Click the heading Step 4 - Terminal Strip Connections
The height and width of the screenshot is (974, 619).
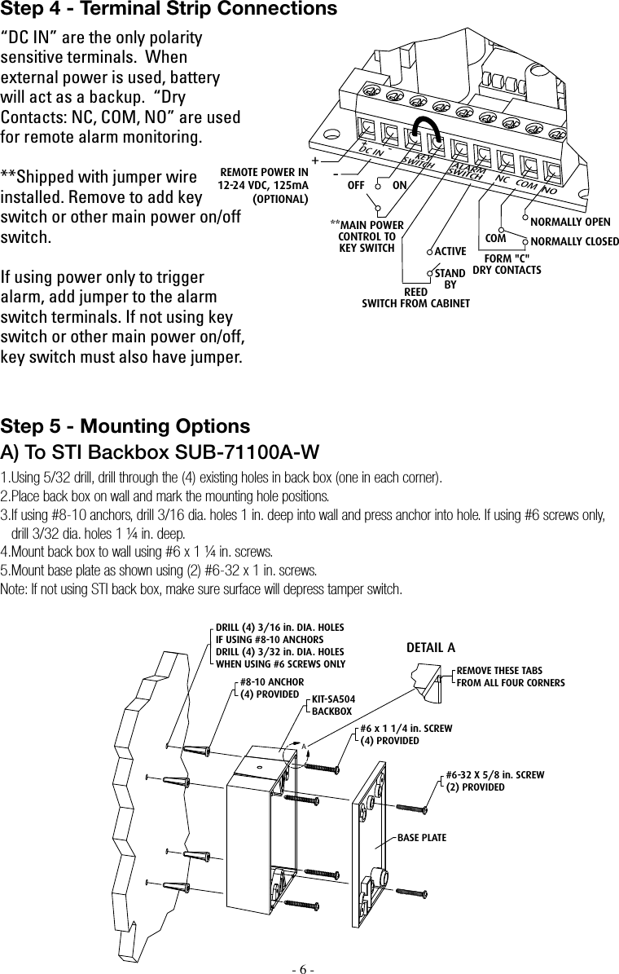click(169, 10)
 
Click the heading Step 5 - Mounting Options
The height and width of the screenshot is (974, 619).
click(125, 427)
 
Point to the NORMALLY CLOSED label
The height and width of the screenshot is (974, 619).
click(574, 242)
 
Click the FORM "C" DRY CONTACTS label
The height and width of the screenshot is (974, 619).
click(507, 263)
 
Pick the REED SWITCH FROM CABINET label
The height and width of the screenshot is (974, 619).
click(415, 297)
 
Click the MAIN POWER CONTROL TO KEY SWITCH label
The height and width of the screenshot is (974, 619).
click(367, 236)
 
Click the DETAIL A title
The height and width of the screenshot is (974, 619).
click(430, 648)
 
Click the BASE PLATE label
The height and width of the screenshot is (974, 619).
click(421, 837)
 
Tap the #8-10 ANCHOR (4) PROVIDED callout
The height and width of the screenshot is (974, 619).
click(271, 688)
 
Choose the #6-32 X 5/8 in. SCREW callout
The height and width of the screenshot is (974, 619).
click(494, 780)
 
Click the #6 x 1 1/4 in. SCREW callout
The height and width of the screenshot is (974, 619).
click(406, 734)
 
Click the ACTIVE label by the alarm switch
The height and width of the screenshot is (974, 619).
click(450, 251)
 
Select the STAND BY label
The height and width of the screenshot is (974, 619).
click(450, 279)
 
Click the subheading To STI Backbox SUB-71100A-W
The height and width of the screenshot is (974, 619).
click(160, 452)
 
